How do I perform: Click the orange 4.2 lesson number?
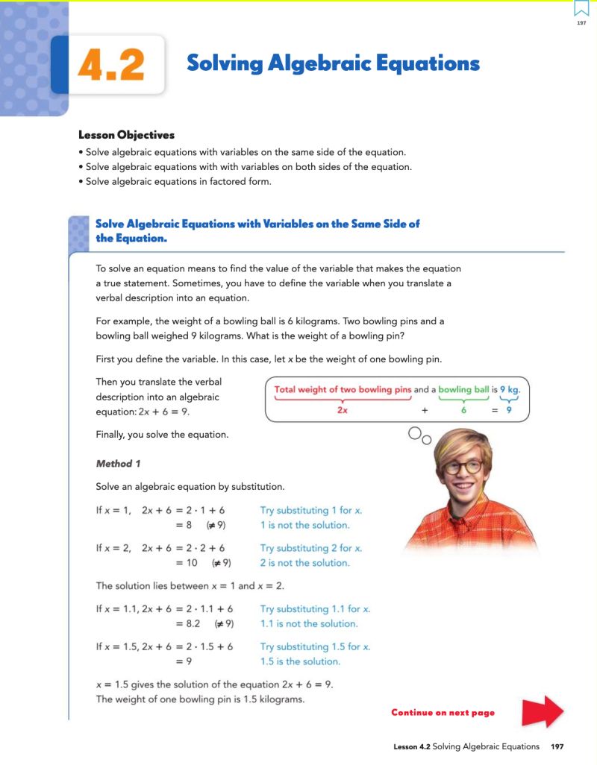[110, 66]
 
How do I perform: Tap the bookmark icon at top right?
[581, 9]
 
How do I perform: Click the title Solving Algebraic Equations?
[333, 63]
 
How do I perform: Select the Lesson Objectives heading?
[126, 135]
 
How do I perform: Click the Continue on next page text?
[443, 713]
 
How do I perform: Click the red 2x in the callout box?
[343, 409]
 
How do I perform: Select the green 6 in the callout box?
[463, 409]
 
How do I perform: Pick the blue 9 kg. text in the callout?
[510, 389]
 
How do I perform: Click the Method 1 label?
[118, 464]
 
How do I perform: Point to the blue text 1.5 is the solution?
[300, 661]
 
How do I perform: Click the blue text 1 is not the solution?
[304, 525]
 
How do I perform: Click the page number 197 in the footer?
[557, 746]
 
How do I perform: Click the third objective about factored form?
[178, 181]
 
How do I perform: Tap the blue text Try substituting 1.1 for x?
[315, 609]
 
